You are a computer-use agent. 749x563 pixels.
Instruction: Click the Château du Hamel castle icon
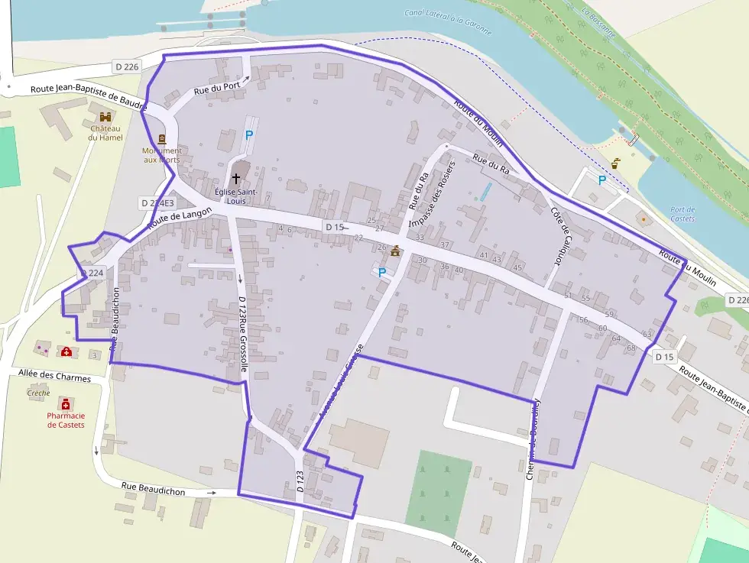point(105,117)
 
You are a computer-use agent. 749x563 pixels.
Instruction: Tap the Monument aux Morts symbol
point(162,139)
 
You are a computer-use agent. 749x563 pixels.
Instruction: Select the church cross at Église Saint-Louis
point(235,177)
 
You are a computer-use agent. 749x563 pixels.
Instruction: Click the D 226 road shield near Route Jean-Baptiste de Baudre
point(127,67)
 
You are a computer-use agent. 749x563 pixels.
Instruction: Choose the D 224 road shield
point(92,273)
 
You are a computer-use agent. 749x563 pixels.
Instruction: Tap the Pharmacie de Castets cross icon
point(66,403)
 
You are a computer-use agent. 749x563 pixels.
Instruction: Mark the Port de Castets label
point(682,214)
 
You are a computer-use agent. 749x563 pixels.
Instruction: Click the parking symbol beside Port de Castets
point(601,180)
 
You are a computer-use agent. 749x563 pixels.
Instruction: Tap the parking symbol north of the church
point(248,134)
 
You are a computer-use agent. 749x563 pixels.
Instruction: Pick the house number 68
point(631,348)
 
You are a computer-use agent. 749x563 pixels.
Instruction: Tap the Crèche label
point(38,393)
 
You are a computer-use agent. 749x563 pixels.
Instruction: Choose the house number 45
point(517,267)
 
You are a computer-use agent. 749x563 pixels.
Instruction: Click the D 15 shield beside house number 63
point(665,357)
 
